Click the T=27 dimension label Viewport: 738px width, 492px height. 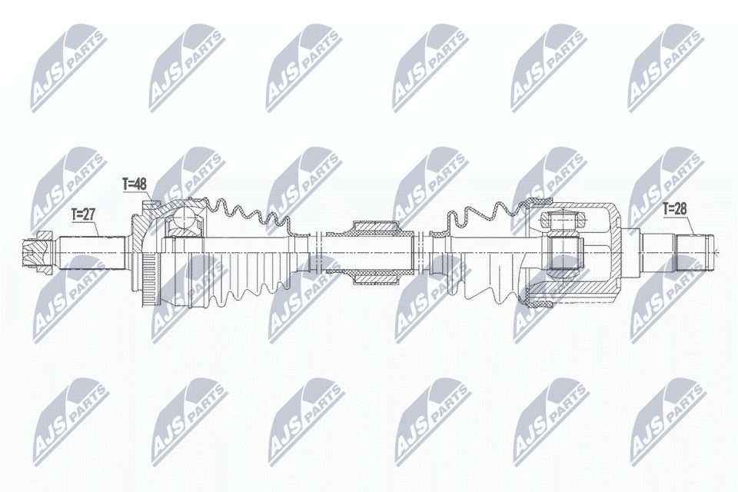(84, 214)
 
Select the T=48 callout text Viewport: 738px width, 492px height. (135, 184)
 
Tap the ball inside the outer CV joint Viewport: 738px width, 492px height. (182, 221)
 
